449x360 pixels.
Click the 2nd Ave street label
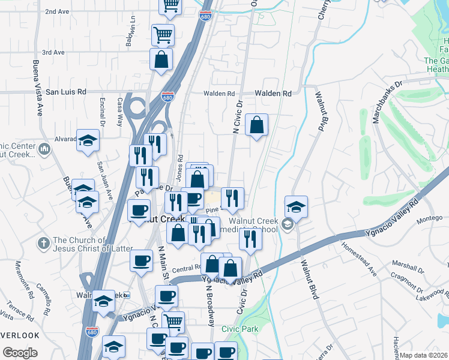(57, 11)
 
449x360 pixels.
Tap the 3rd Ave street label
(53, 52)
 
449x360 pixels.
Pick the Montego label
(430, 219)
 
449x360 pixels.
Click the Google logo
(20, 353)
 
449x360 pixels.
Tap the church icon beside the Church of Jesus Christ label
(43, 244)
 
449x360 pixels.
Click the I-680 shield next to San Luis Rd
(167, 96)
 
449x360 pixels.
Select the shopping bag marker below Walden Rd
(256, 125)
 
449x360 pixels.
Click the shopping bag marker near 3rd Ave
(161, 59)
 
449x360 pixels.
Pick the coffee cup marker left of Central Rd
(141, 260)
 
